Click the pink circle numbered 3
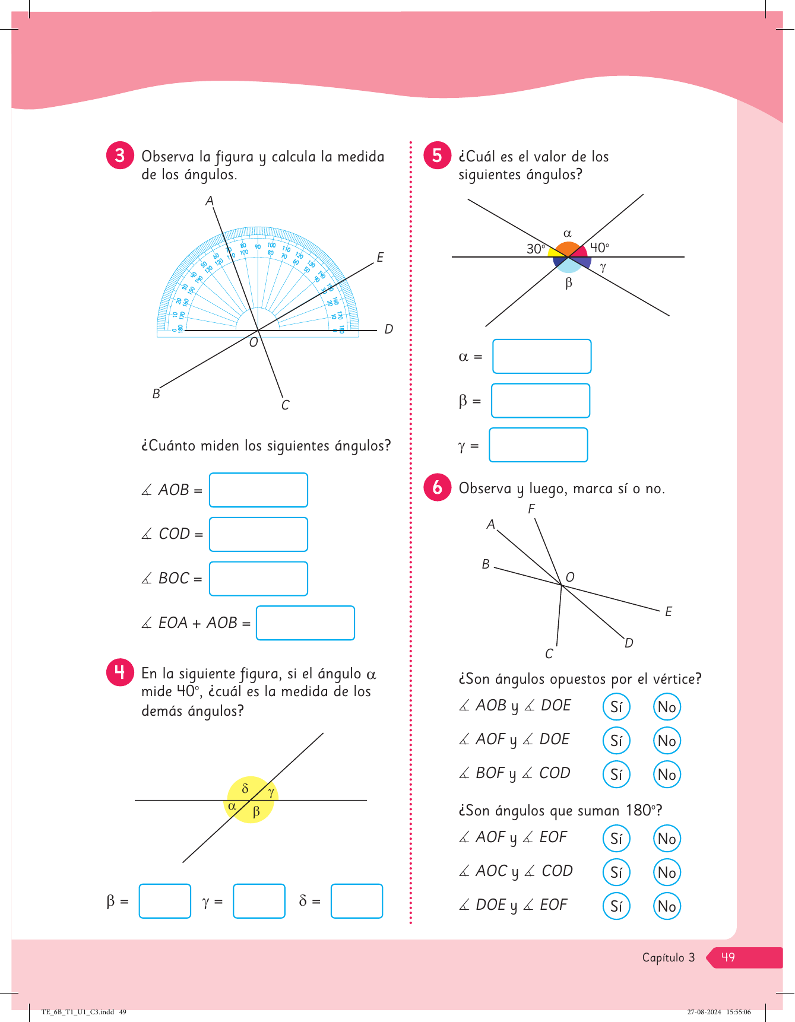pyautogui.click(x=120, y=155)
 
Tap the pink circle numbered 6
pyautogui.click(x=437, y=487)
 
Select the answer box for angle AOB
pyautogui.click(x=258, y=490)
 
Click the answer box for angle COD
pyautogui.click(x=258, y=534)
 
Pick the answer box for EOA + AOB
pyautogui.click(x=305, y=623)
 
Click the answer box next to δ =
pyautogui.click(x=356, y=901)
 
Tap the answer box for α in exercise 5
pyautogui.click(x=541, y=356)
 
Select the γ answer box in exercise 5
pyautogui.click(x=538, y=445)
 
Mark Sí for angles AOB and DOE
pyautogui.click(x=616, y=707)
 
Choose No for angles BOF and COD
pyautogui.click(x=667, y=775)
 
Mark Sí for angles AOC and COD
pyautogui.click(x=616, y=872)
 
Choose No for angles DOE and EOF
pyautogui.click(x=667, y=906)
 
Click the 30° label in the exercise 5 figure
pyautogui.click(x=536, y=249)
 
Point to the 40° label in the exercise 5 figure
pyautogui.click(x=599, y=247)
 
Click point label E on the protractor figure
pyautogui.click(x=380, y=257)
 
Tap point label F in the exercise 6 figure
pyautogui.click(x=531, y=509)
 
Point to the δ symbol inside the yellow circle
pyautogui.click(x=245, y=789)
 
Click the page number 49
pyautogui.click(x=728, y=957)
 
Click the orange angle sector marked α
pyautogui.click(x=568, y=249)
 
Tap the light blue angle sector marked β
pyautogui.click(x=568, y=265)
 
